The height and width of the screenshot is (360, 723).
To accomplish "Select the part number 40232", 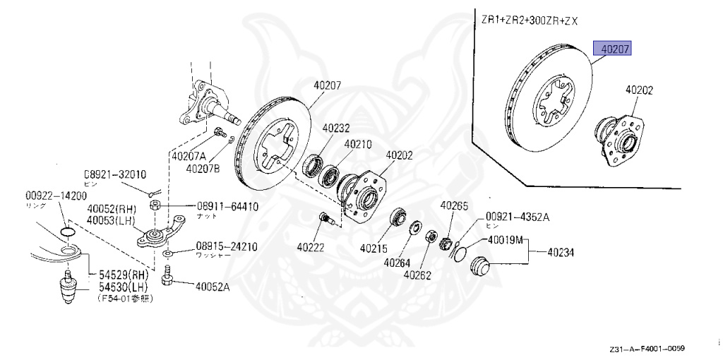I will click(336, 129).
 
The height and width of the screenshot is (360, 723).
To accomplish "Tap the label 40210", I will click(358, 144).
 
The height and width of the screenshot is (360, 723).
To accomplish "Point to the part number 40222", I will click(311, 248).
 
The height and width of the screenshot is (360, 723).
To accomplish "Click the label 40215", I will click(374, 248).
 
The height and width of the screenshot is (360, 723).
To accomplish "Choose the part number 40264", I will click(398, 262).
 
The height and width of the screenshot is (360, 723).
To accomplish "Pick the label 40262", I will click(417, 274).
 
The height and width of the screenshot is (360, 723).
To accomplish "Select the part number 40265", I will click(454, 205).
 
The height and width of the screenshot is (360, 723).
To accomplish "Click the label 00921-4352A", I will click(517, 217).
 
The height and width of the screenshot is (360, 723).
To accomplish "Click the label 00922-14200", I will click(56, 196).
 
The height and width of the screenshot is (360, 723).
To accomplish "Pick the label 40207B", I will click(204, 169).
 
